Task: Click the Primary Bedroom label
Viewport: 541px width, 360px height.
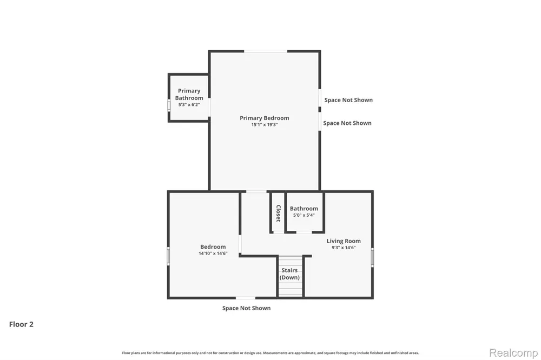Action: pos(265,118)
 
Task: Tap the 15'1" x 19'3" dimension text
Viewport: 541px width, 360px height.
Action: pos(265,125)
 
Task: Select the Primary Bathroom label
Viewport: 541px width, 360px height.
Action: pos(189,94)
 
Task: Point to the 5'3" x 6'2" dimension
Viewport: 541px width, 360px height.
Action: pos(189,104)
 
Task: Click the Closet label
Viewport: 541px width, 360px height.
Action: pos(279,213)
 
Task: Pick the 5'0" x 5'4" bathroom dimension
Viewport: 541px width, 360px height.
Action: pos(304,215)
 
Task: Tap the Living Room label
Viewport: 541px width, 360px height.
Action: pos(344,241)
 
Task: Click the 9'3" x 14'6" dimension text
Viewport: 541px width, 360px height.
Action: pos(344,248)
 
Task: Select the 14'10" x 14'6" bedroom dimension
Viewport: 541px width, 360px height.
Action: pos(213,254)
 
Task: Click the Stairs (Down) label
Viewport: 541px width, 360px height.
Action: pos(289,274)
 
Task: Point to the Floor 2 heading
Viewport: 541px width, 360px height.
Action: pos(22,324)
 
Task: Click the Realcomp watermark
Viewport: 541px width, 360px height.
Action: pos(513,353)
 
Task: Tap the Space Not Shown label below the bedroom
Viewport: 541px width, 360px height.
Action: pos(246,308)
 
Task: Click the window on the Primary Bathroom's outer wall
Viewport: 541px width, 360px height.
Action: pos(169,105)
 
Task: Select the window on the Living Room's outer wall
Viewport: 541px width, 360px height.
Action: pos(372,257)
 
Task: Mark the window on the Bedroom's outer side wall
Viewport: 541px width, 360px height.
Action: pos(168,256)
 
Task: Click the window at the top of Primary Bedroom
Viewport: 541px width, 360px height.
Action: pos(266,51)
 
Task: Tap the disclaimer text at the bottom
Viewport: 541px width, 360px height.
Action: pos(270,353)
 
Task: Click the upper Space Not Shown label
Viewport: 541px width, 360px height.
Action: pos(348,100)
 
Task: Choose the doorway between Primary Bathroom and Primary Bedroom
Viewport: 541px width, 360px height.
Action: pos(209,107)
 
